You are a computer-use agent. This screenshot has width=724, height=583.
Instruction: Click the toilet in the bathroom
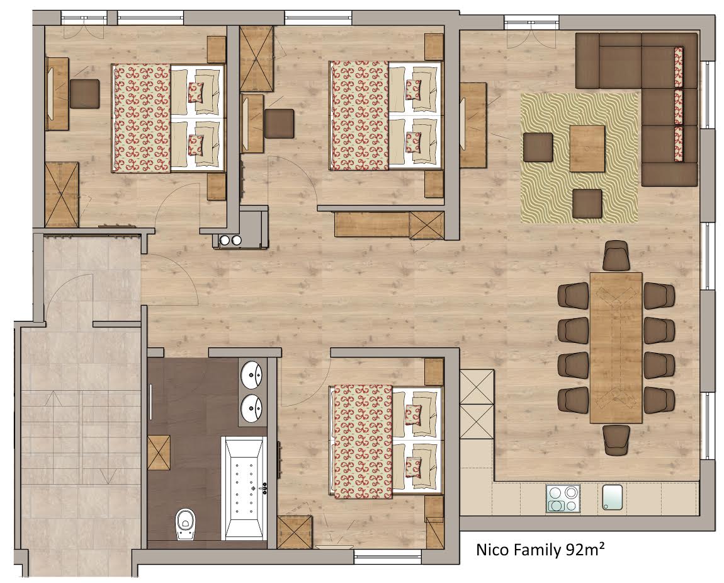coord(185,524)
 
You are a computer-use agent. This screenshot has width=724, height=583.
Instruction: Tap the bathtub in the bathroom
coord(244,488)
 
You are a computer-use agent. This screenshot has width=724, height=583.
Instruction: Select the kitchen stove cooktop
coord(563,499)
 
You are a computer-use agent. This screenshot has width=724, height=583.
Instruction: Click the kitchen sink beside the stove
coord(613,497)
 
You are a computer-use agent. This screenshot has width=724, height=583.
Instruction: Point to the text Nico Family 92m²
coord(540,550)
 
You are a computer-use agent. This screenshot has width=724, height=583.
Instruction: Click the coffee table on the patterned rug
coord(587,148)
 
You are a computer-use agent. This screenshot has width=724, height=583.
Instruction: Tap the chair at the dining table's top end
coord(616,256)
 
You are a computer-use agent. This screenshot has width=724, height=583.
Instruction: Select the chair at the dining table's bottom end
coord(616,439)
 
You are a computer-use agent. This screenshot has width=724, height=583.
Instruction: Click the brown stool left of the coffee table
coord(538,147)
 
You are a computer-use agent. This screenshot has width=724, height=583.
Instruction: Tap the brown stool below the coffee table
coord(587,204)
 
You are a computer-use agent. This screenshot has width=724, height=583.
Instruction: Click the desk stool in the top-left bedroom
coord(84,94)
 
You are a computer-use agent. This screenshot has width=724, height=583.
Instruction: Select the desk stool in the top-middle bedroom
coord(280,124)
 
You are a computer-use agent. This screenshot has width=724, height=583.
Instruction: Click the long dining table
coord(616,348)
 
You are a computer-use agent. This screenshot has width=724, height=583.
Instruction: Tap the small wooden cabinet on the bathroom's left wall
coord(159,453)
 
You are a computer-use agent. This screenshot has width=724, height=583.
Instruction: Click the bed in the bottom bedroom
coord(386,442)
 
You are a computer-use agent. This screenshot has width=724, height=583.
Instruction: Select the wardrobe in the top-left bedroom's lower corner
coord(62,194)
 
